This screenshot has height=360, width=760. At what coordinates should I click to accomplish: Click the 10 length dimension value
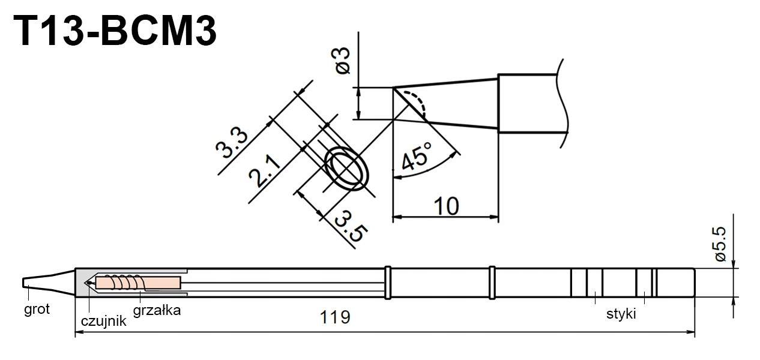pyautogui.click(x=445, y=205)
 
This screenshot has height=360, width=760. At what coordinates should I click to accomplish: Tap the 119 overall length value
pyautogui.click(x=336, y=317)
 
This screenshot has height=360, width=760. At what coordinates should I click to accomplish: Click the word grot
pyautogui.click(x=37, y=310)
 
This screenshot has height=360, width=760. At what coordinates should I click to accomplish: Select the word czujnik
pyautogui.click(x=103, y=321)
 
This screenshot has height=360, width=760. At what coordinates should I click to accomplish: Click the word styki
pyautogui.click(x=620, y=314)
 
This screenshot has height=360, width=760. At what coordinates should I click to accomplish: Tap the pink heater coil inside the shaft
pyautogui.click(x=138, y=282)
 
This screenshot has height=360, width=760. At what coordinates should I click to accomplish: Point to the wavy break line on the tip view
pyautogui.click(x=562, y=102)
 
